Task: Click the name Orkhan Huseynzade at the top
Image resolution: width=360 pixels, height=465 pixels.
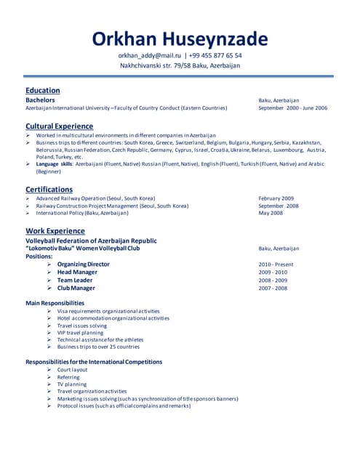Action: (180, 39)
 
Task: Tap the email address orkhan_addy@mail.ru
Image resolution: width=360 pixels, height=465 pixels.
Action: (149, 56)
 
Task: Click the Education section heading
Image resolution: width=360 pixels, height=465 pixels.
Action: (43, 90)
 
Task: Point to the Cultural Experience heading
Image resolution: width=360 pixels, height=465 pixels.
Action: (59, 126)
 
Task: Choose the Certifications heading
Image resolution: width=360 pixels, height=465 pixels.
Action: (49, 189)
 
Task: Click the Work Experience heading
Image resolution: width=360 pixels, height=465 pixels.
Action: (55, 231)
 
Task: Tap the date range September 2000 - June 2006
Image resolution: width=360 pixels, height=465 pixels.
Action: (292, 108)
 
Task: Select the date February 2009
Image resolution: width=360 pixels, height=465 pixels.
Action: (276, 198)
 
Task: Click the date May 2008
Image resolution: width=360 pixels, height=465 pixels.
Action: (271, 214)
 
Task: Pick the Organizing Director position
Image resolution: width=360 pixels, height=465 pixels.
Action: (84, 264)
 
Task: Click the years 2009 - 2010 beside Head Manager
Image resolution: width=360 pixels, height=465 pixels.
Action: (273, 272)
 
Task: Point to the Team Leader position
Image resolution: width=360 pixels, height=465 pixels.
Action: (75, 280)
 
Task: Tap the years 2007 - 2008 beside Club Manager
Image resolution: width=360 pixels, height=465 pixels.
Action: (273, 288)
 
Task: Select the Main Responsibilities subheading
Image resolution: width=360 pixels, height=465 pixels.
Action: (55, 303)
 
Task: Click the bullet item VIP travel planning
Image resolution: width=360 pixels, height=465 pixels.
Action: (80, 333)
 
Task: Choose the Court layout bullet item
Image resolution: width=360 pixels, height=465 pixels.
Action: (72, 370)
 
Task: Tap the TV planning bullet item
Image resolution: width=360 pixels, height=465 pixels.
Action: (72, 384)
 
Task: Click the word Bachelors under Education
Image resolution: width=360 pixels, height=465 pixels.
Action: (41, 100)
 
